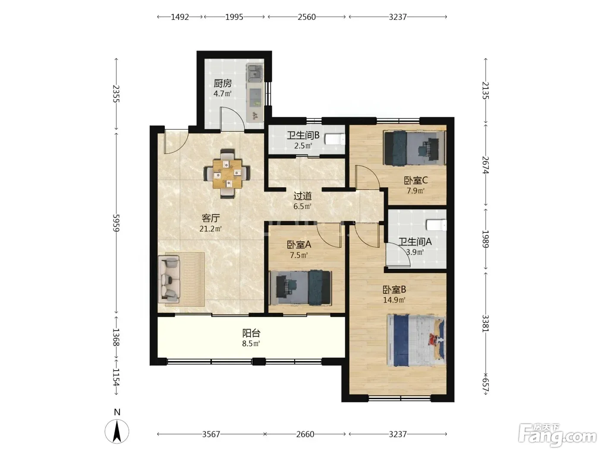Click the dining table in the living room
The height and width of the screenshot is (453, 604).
point(227,173)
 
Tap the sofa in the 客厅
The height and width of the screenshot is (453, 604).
point(169,279)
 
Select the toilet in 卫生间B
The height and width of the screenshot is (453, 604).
point(335,139)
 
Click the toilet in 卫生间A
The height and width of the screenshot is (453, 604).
point(436,225)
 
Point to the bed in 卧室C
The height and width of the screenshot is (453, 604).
point(414,148)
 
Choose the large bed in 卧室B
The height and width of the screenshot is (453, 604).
point(416,340)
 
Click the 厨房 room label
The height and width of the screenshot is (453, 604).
point(223,83)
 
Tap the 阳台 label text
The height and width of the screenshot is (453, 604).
point(251,333)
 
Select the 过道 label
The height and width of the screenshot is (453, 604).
point(302,196)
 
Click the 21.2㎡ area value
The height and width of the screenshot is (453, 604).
point(211,229)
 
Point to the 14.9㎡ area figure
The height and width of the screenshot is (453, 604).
point(394,300)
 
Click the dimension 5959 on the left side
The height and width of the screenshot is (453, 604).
point(116,223)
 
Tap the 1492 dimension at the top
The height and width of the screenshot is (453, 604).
point(179,17)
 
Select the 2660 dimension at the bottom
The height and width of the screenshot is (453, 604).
point(305,434)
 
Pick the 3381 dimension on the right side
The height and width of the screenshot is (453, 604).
point(485,324)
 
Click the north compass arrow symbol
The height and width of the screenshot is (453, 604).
point(117,431)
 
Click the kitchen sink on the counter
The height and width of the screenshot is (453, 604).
point(255,73)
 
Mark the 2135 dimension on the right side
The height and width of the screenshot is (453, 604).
point(485,91)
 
